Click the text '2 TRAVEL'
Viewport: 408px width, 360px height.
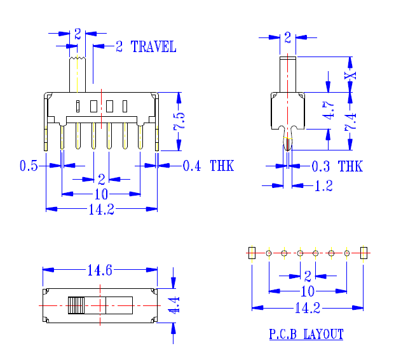coord(146,46)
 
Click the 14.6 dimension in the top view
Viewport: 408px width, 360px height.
coord(100,270)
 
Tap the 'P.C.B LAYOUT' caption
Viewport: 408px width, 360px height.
coord(306,334)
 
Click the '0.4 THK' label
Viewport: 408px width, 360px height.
coord(208,166)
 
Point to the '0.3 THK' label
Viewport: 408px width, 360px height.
coord(337,166)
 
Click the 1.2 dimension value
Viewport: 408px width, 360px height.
coord(323,186)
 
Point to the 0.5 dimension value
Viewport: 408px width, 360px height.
coord(29,166)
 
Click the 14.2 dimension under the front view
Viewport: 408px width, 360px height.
coord(101,210)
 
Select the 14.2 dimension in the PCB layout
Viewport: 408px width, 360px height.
coord(308,309)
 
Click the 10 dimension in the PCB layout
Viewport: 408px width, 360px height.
coord(308,291)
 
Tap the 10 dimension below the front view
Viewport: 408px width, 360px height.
coord(101,194)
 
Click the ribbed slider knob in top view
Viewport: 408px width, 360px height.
coord(76,305)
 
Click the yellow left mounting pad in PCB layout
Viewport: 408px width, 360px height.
coord(252,253)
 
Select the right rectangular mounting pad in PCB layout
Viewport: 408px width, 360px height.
coord(364,253)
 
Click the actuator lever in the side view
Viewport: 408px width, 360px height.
coord(288,74)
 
